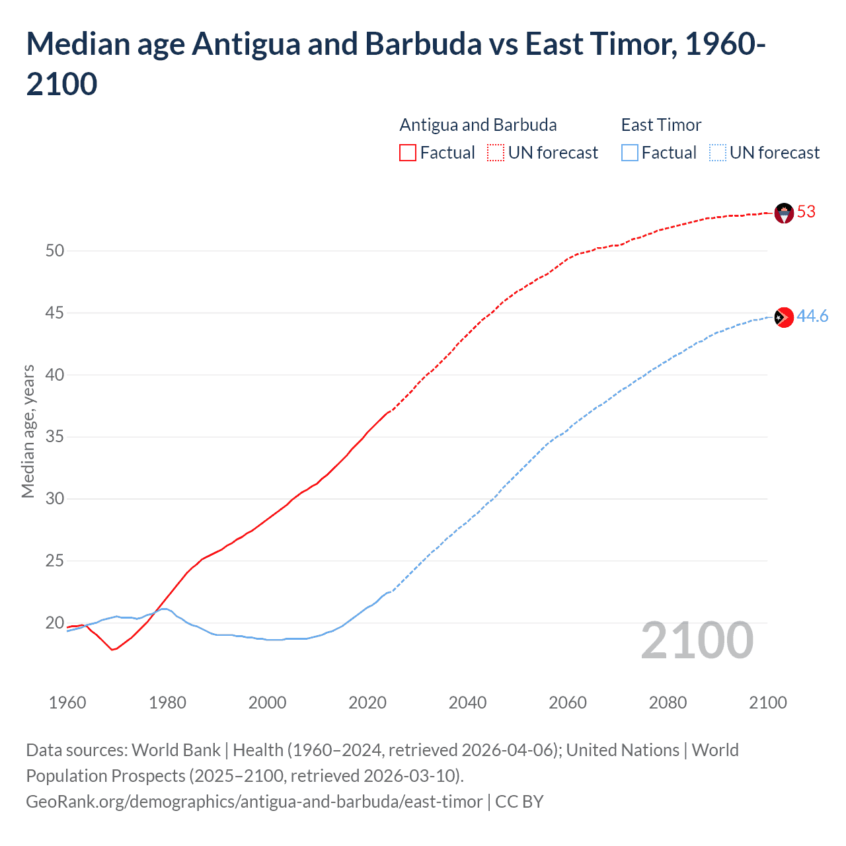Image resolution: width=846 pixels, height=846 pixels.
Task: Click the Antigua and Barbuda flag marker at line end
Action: tap(783, 213)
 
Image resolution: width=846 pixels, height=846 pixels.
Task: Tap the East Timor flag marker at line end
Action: tap(783, 317)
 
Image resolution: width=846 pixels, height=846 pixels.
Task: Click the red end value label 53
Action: tap(806, 212)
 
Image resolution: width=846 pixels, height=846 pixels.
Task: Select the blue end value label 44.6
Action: tap(812, 317)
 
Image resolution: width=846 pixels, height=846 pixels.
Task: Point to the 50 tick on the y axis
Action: tap(55, 250)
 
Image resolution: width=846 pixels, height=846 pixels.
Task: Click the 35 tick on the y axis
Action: tap(55, 437)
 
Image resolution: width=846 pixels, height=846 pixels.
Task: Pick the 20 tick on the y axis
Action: tap(55, 623)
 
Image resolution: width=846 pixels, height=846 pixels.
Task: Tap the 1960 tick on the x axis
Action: tap(67, 703)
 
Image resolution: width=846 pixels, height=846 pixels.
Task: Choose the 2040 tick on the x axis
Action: tap(467, 703)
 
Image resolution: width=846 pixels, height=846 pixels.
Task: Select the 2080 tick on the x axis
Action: tap(668, 703)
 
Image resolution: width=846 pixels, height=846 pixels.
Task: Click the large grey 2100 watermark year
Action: tap(697, 640)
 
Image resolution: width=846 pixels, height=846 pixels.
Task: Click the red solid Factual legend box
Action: tap(408, 153)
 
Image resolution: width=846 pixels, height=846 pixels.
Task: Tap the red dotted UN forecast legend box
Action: tap(496, 153)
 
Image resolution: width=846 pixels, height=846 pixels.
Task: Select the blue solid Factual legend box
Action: tap(630, 153)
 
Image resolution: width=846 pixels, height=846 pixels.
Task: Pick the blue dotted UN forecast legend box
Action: tap(717, 153)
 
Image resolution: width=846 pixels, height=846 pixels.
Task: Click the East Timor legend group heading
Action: tap(661, 125)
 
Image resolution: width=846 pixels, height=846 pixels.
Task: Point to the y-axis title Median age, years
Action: tap(28, 430)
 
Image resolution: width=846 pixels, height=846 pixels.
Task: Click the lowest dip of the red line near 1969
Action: tap(112, 650)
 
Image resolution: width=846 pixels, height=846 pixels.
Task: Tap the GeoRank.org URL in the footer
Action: tap(254, 802)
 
